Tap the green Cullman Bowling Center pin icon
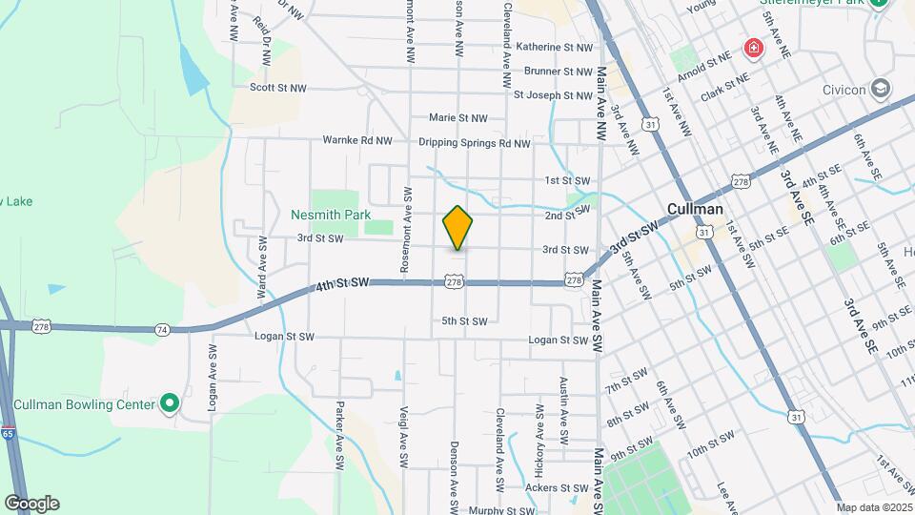coord(170,404)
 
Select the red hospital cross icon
coord(754,48)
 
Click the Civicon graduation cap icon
coord(881,91)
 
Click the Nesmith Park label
coord(331,215)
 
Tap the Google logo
coord(31,504)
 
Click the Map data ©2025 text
coord(875,507)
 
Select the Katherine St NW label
coord(554,47)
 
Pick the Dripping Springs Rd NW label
coord(474,144)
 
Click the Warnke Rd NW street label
coord(357,140)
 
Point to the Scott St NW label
coord(278,88)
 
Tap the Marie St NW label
coord(457,118)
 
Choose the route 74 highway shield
coord(162,329)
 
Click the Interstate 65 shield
coord(8,433)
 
